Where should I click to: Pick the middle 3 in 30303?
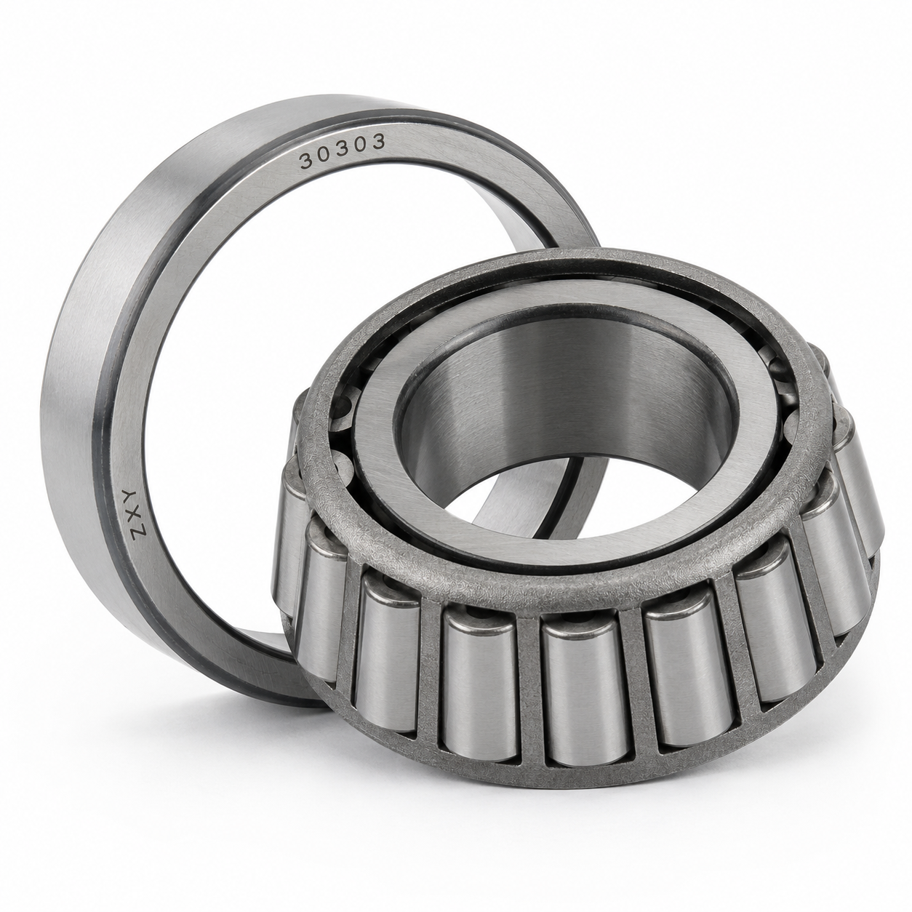342,150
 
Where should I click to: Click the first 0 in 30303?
324,155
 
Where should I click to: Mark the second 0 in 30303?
360,145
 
